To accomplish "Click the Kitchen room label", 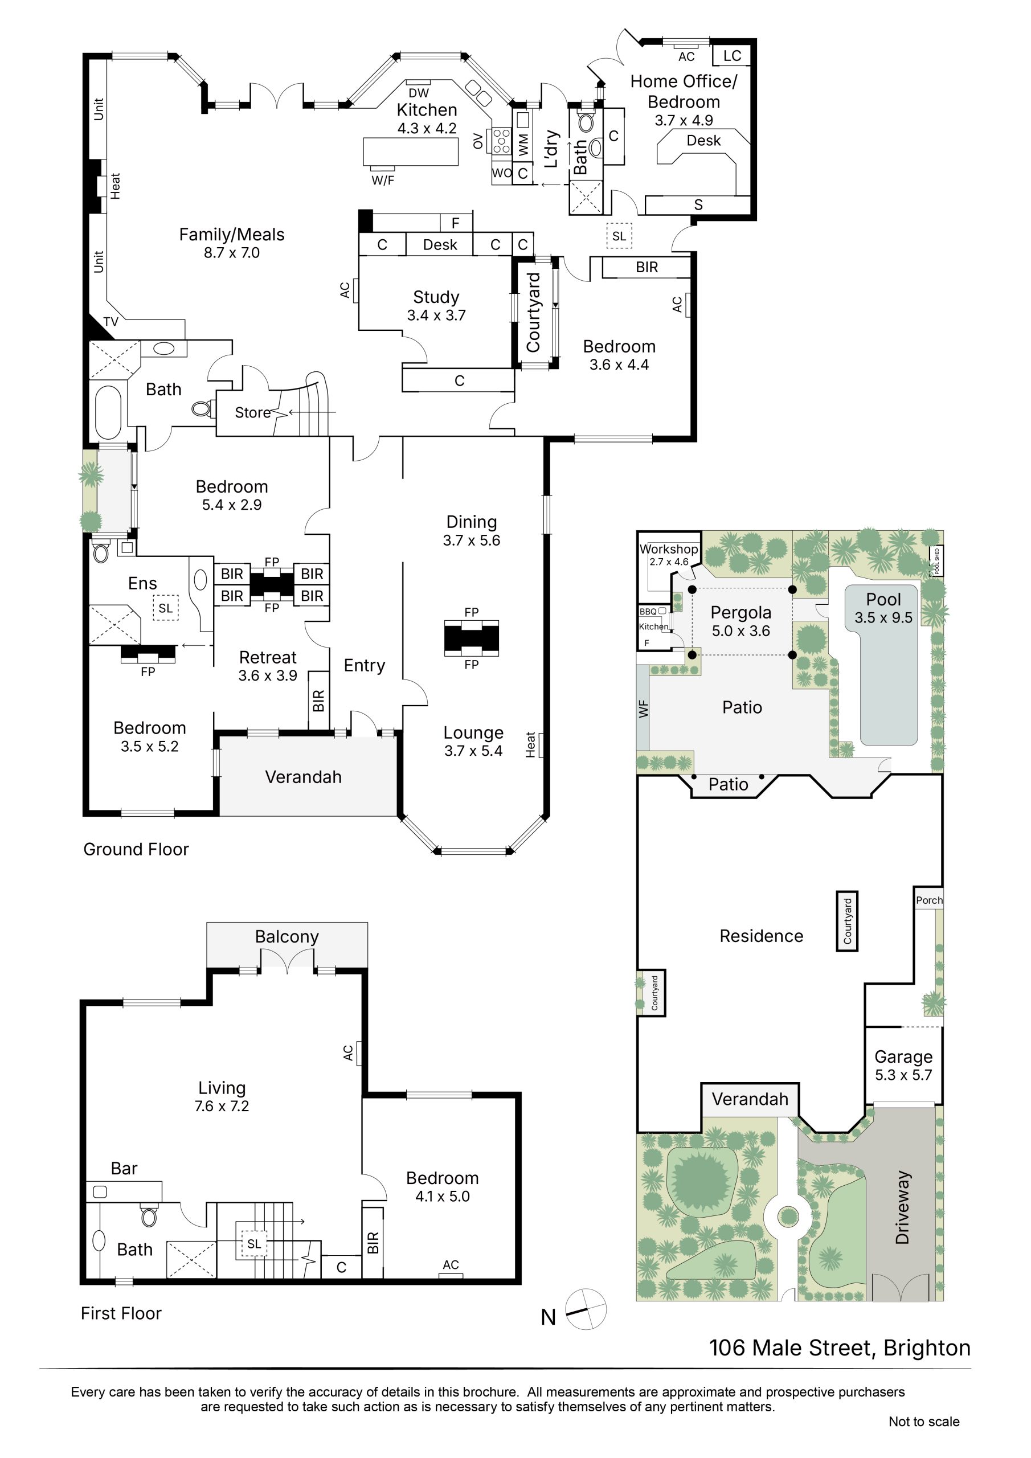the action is tap(426, 110).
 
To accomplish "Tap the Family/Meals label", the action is tap(232, 235).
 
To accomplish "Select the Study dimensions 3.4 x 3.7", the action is tap(436, 315).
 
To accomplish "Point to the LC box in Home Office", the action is tap(732, 55).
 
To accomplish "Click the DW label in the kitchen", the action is tap(419, 93).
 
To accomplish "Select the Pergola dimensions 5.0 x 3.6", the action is tap(740, 630).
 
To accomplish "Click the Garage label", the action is tap(903, 1056).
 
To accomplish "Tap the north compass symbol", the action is tap(586, 1309).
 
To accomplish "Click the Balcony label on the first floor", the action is tap(287, 937).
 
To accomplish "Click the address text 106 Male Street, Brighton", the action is tap(840, 1348).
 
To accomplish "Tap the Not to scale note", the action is tap(924, 1421).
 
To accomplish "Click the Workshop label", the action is tap(669, 548).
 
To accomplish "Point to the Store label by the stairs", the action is tap(253, 413).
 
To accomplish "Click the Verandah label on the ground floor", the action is tap(303, 777).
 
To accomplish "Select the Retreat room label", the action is tap(268, 657).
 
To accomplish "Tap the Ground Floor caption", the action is tap(136, 849).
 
